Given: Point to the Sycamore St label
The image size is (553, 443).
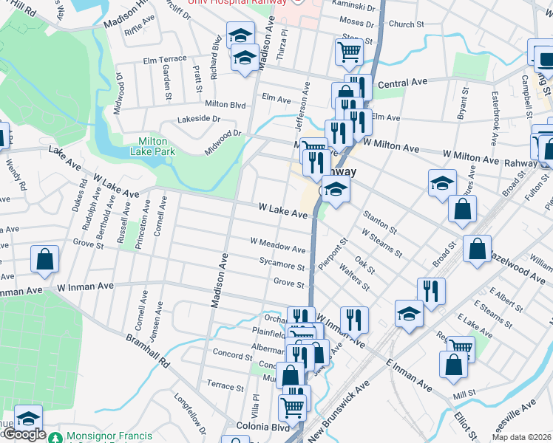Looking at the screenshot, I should tap(282, 265).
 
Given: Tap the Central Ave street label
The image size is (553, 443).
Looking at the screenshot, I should tap(403, 84).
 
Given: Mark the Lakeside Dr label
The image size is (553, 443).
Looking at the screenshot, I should tap(198, 119).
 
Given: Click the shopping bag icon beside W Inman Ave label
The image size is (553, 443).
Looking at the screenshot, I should tap(45, 259).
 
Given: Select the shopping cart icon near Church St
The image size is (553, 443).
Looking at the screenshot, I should tap(349, 52).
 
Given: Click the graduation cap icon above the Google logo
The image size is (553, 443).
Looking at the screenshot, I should tap(28, 419).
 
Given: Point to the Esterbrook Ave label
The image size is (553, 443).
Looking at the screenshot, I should tap(494, 118).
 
